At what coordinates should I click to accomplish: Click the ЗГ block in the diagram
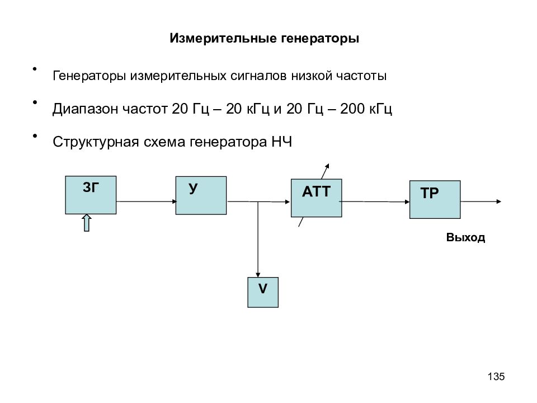(91, 195)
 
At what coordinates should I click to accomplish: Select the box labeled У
(201, 195)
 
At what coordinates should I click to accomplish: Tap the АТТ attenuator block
(317, 198)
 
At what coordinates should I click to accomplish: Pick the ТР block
(435, 199)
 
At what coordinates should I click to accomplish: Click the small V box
(263, 292)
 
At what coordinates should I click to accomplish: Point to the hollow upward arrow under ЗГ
(87, 223)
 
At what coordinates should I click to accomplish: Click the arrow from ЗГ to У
(146, 201)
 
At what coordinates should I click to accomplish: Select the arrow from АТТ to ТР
(375, 201)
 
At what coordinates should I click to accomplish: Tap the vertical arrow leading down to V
(258, 239)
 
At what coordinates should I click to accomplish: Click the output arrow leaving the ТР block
(481, 201)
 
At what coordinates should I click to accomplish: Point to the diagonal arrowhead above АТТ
(325, 171)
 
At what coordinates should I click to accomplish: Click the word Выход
(465, 237)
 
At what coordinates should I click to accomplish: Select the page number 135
(496, 376)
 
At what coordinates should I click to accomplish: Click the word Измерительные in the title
(223, 38)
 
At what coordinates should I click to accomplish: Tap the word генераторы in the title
(320, 39)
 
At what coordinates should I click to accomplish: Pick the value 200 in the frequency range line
(352, 109)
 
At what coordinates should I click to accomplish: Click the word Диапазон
(86, 109)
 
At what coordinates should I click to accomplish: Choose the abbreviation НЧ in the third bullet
(282, 142)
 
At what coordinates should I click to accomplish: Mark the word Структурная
(96, 142)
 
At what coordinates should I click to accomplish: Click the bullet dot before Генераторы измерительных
(35, 69)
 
